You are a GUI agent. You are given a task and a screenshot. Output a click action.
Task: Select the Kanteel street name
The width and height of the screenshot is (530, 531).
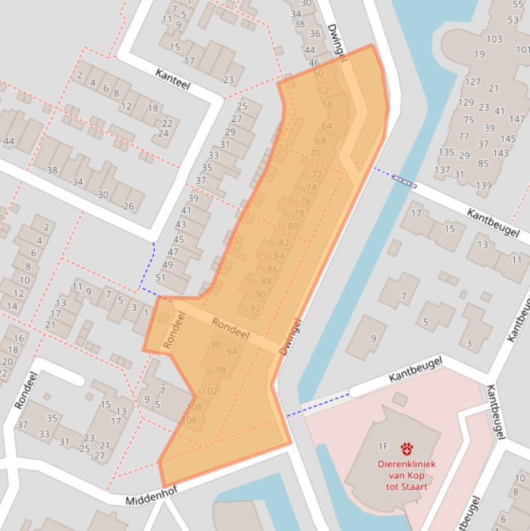pyautogui.click(x=172, y=80)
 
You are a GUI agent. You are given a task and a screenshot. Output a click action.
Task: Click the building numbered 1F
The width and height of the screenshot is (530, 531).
pyautogui.click(x=383, y=446)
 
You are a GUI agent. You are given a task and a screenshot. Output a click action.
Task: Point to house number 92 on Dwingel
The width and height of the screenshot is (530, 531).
pyautogui.click(x=255, y=308)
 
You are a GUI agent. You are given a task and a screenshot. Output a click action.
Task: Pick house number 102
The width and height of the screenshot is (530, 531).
pyautogui.click(x=210, y=391)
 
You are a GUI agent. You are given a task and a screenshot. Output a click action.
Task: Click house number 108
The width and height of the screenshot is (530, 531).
pyautogui.click(x=195, y=408)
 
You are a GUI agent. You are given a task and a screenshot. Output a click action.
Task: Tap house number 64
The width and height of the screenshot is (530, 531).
pyautogui.click(x=327, y=126)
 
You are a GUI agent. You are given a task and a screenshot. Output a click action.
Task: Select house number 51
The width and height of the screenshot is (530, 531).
pyautogui.click(x=161, y=277)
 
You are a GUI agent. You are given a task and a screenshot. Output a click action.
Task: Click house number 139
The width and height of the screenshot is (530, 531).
pyautogui.click(x=483, y=185)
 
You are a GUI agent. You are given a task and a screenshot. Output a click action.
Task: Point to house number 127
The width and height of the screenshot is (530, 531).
pyautogui.click(x=472, y=82)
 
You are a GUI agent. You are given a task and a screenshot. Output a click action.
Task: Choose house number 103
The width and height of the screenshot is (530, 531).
pyautogui.click(x=493, y=39)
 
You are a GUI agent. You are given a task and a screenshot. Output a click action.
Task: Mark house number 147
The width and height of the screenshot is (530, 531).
pyautogui.click(x=517, y=119)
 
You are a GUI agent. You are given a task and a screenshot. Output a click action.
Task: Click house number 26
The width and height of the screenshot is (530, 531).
pyautogui.click(x=128, y=206)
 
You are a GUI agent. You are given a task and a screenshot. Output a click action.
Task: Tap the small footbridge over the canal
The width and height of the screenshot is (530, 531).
pyautogui.click(x=404, y=181)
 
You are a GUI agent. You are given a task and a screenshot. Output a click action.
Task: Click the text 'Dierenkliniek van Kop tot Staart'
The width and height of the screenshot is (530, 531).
pyautogui.click(x=403, y=475)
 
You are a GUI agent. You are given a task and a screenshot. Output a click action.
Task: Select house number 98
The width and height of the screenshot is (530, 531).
pyautogui.click(x=221, y=370)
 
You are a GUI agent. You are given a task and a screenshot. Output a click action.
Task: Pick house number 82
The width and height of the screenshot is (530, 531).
pyautogui.click(x=283, y=243)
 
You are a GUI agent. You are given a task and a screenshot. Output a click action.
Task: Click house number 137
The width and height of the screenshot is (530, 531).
pyautogui.click(x=442, y=170)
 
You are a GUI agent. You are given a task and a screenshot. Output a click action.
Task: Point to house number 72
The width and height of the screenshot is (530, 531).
pyautogui.click(x=317, y=174)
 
